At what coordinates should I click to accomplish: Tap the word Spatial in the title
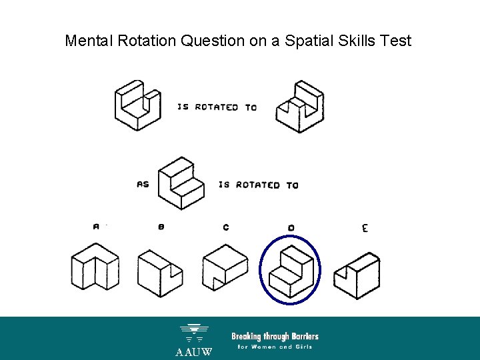tap(309, 41)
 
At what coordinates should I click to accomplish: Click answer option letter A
tap(96, 227)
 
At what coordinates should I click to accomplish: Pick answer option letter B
tap(161, 227)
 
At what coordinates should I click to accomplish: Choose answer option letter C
tap(226, 227)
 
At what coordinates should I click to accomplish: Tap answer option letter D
tap(291, 228)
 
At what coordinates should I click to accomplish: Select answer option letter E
tap(365, 229)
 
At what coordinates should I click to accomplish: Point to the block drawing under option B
tap(161, 272)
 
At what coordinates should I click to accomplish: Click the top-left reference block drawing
tap(137, 105)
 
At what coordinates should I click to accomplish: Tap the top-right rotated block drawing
tap(299, 107)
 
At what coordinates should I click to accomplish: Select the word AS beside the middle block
tap(143, 184)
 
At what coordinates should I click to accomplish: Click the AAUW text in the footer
tap(194, 351)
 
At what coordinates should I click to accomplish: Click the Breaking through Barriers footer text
tap(275, 336)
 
